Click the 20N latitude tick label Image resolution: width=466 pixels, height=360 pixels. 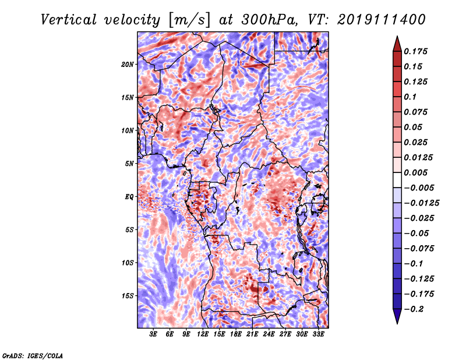128,65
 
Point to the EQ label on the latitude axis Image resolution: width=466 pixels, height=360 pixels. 129,197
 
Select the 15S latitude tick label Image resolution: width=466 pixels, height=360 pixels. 128,296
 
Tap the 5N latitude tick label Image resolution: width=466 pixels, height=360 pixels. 129,164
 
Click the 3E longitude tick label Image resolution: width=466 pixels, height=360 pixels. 153,334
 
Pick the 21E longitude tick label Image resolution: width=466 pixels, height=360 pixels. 252,334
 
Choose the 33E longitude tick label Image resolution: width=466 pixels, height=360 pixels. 318,334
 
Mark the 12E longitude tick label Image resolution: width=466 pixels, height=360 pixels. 202,334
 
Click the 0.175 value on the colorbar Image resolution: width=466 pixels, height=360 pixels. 415,51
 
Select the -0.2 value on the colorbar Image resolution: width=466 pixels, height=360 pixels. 414,309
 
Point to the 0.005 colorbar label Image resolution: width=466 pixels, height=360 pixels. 415,172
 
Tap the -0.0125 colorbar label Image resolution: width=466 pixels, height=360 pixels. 421,203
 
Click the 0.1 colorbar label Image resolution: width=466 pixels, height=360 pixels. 410,97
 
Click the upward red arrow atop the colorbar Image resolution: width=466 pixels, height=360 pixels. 397,44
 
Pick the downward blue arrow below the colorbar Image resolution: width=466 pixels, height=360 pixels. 397,316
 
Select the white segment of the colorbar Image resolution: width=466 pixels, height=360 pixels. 397,180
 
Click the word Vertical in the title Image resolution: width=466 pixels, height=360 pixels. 69,20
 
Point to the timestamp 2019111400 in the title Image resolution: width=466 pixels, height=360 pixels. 382,20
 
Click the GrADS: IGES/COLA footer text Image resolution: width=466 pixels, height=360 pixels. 33,355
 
